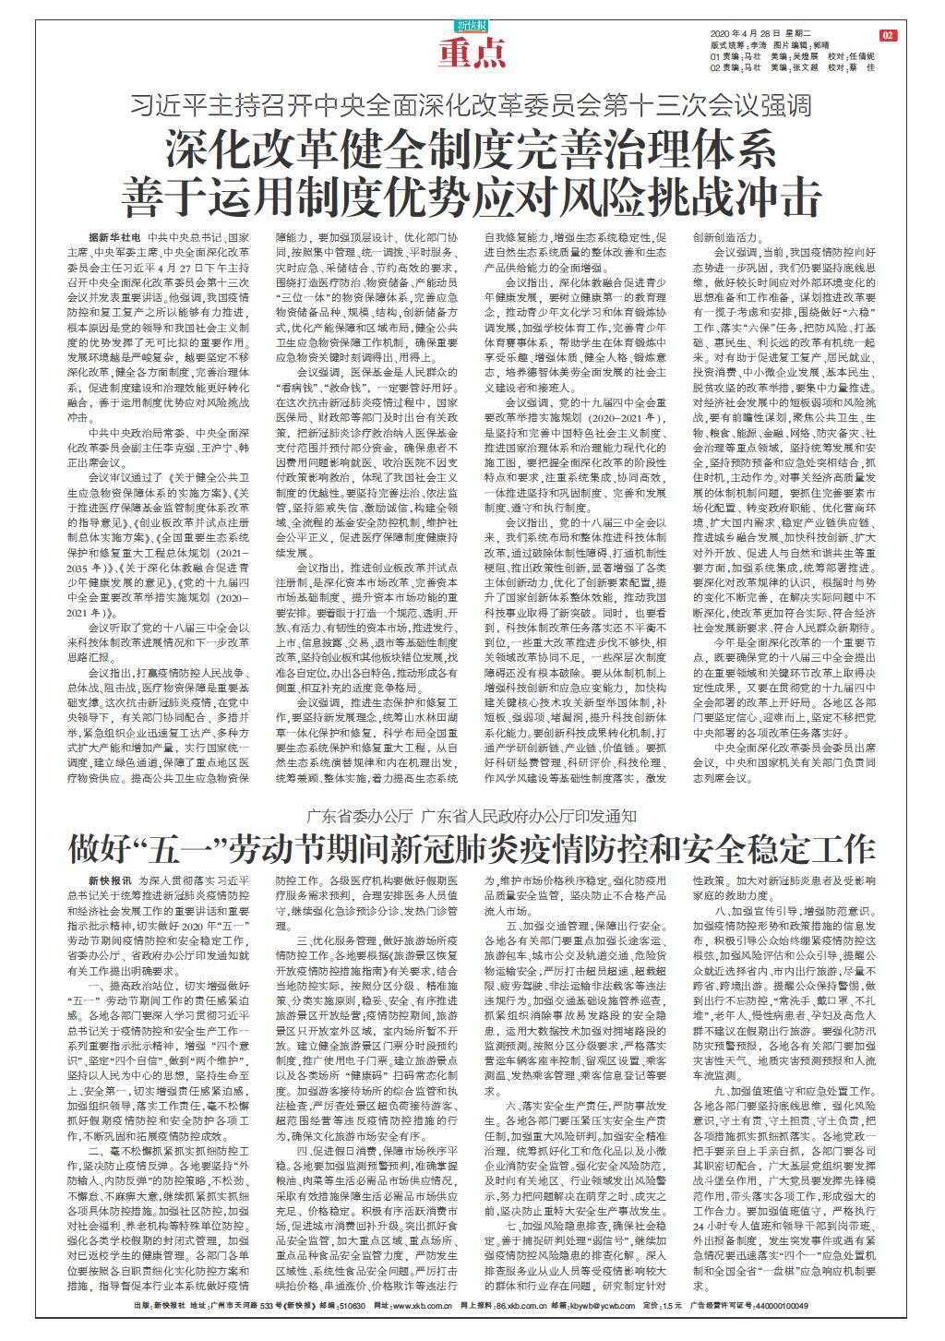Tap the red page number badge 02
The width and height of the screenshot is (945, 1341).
point(888,35)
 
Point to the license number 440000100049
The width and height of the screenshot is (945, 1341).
point(782,1331)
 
